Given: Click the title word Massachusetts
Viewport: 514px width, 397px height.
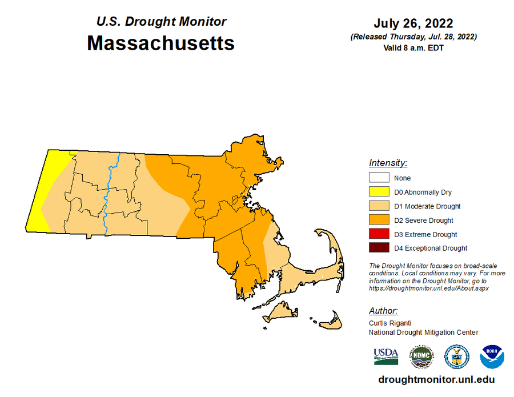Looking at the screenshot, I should pyautogui.click(x=160, y=43).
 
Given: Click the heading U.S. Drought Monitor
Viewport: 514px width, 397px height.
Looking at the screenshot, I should pyautogui.click(x=161, y=22).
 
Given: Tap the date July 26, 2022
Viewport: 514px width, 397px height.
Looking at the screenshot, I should pyautogui.click(x=413, y=23).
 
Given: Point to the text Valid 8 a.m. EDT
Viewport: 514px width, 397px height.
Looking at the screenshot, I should pyautogui.click(x=413, y=48).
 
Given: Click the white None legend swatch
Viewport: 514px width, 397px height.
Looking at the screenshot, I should pyautogui.click(x=379, y=178).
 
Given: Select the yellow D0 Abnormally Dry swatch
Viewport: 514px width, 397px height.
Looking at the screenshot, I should pyautogui.click(x=379, y=192).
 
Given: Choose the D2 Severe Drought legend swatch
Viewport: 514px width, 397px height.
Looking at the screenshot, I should pyautogui.click(x=379, y=220).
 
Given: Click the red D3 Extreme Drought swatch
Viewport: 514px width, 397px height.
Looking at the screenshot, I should pyautogui.click(x=379, y=234).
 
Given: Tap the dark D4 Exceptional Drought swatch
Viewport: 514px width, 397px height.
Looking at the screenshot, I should pyautogui.click(x=379, y=248).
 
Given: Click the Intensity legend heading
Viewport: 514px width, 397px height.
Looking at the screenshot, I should pyautogui.click(x=388, y=163).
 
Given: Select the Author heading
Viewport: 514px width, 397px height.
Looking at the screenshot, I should pyautogui.click(x=383, y=311).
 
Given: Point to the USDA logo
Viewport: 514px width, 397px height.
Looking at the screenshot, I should pyautogui.click(x=386, y=356).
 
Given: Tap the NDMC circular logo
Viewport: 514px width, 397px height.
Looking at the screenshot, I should pyautogui.click(x=421, y=356).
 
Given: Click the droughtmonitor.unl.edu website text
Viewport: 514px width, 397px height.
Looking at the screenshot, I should pyautogui.click(x=436, y=380).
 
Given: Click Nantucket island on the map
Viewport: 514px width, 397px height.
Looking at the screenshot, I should pyautogui.click(x=331, y=323).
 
